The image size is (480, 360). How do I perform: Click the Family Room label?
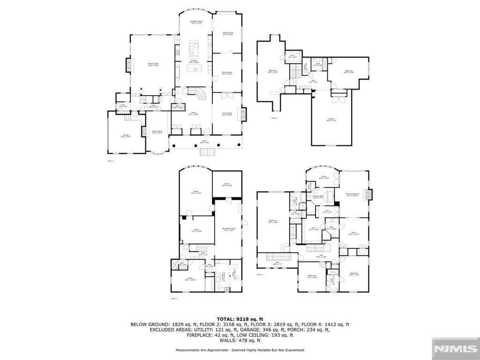tap(153, 64)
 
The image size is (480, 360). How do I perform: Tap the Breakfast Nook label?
tap(196, 22)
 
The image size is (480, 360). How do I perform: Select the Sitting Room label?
tap(227, 34)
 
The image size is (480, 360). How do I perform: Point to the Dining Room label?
tap(227, 73)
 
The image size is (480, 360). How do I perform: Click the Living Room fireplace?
tap(243, 114)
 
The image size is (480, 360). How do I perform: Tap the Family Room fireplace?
tap(127, 65)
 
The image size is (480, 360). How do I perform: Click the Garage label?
tap(126, 136)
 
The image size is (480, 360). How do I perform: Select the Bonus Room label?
tap(157, 132)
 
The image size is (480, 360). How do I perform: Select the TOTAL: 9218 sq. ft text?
tap(240, 319)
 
